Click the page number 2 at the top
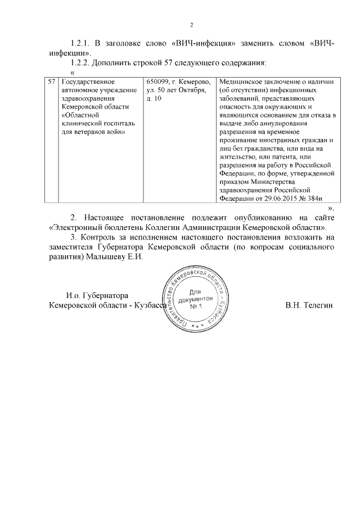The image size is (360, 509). [x=191, y=25]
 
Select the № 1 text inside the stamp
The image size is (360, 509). [x=195, y=307]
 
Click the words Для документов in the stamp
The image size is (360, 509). [x=195, y=296]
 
